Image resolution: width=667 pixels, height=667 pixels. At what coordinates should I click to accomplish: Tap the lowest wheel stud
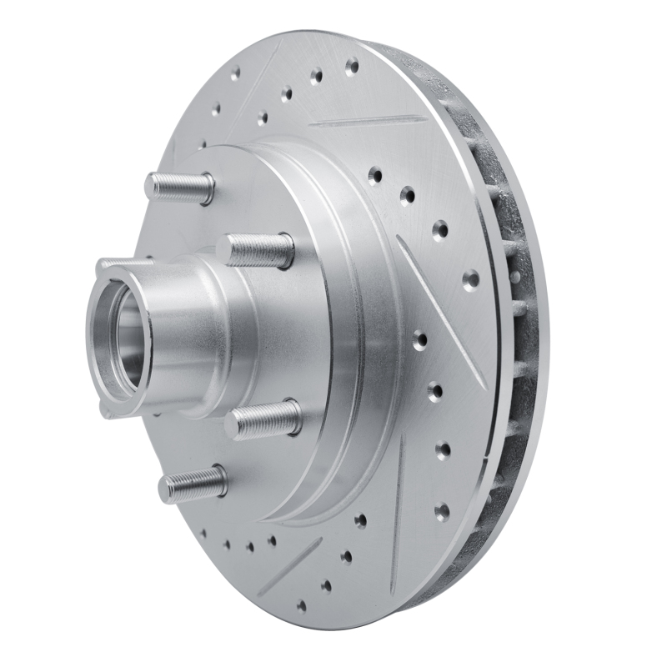tap(193, 484)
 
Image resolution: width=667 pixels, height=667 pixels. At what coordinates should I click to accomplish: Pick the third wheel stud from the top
tap(267, 420)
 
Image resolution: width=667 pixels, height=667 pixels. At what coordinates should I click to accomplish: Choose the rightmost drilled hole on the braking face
tap(470, 278)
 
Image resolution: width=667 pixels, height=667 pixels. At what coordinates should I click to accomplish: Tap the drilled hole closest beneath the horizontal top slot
tap(374, 176)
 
